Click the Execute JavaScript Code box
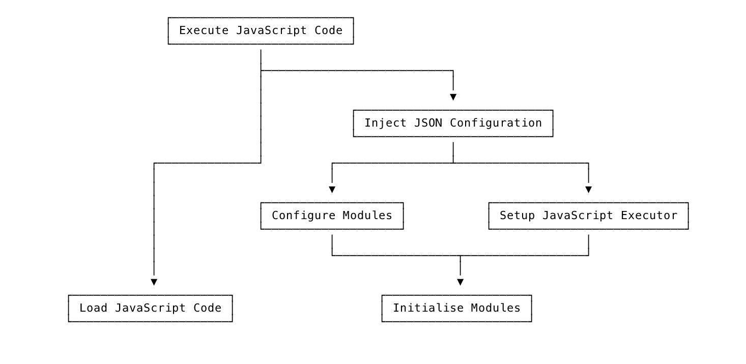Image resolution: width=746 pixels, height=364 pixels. (261, 31)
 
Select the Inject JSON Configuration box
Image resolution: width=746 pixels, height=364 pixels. (453, 123)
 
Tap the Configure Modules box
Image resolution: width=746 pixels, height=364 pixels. (332, 216)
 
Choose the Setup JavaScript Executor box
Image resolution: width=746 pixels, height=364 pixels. (588, 216)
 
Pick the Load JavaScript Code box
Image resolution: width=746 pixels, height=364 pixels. (150, 308)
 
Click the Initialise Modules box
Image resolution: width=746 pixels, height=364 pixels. (456, 308)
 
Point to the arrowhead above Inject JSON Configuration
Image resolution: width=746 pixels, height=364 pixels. (453, 97)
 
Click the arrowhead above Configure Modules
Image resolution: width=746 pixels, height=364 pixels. (332, 189)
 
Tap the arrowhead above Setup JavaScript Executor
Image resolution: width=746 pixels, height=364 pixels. (588, 189)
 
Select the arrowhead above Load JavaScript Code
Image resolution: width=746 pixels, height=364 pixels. (154, 282)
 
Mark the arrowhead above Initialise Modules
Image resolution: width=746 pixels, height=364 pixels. (460, 282)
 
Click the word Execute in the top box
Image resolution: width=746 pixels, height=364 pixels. (204, 31)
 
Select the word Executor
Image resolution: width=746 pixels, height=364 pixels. (649, 216)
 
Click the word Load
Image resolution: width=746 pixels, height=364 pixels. (93, 308)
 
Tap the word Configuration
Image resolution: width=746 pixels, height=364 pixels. (496, 123)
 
